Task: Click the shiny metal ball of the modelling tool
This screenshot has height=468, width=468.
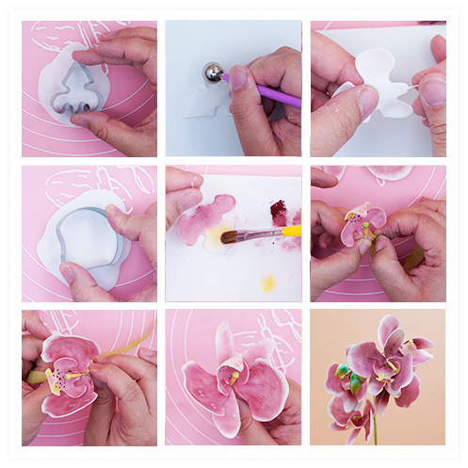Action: (x=214, y=73)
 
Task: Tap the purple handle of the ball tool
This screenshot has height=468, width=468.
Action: (x=273, y=93)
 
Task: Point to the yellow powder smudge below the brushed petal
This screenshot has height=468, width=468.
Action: (x=268, y=282)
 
